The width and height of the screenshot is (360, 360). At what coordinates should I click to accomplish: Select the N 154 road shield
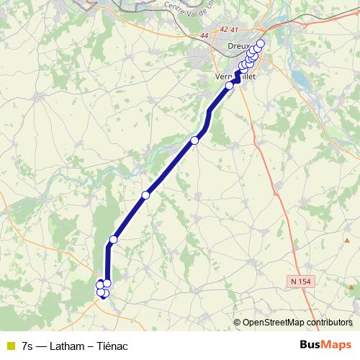tap(305, 280)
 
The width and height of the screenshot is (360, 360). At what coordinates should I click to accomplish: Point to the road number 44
tap(204, 35)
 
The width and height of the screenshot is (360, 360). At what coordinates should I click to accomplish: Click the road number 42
tap(225, 30)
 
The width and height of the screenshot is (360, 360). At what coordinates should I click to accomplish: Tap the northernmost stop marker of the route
tap(261, 44)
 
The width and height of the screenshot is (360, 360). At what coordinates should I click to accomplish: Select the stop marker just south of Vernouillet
tap(230, 86)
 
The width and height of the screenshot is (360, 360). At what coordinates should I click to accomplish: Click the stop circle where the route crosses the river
tap(194, 140)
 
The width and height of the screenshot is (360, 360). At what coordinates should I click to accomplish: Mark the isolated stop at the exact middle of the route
tap(145, 195)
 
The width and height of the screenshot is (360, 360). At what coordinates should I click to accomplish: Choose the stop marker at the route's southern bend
tap(113, 239)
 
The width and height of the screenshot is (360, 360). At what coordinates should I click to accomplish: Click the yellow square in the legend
tap(9, 345)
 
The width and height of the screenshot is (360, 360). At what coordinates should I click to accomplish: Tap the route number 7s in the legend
tap(27, 345)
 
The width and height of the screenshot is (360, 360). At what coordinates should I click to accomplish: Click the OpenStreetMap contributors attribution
tap(297, 322)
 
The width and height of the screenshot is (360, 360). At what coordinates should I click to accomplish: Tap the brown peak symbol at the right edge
tap(352, 288)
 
